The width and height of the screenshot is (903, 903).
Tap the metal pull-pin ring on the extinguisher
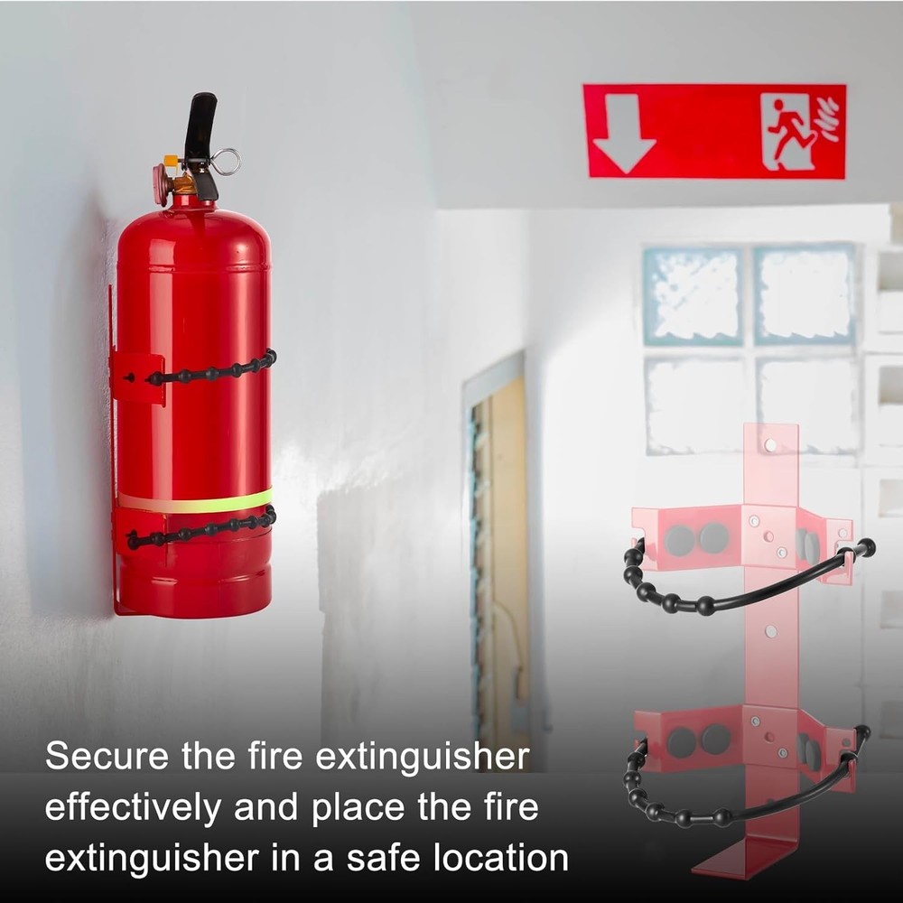[x=227, y=162]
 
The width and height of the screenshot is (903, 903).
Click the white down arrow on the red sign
[x=624, y=132]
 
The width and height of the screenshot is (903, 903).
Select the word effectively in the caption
[x=132, y=807]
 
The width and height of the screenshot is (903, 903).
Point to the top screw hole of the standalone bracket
[x=770, y=445]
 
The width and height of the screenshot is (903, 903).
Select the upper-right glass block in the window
[x=804, y=294]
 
